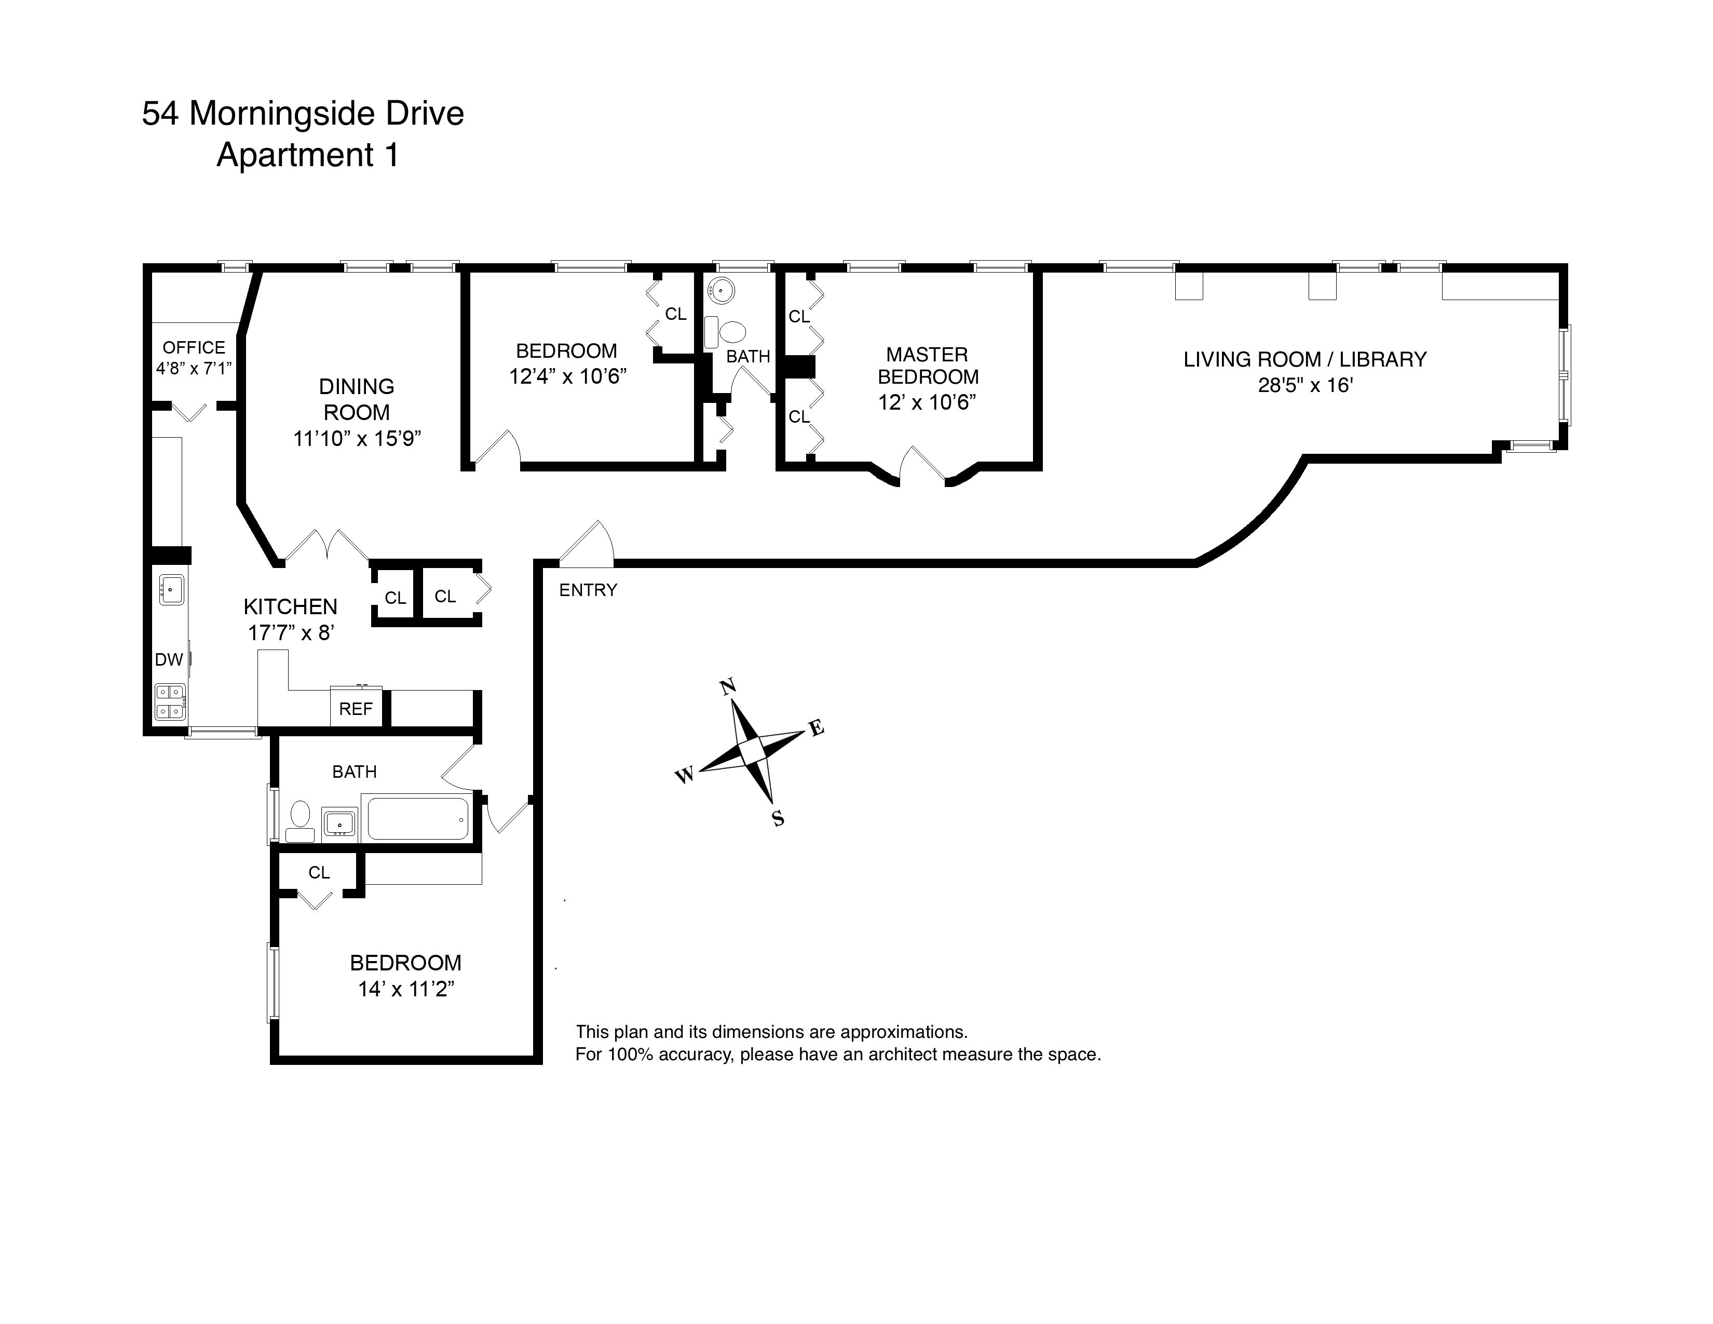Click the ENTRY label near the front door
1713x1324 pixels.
click(x=588, y=590)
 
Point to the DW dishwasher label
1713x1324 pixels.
click(x=169, y=659)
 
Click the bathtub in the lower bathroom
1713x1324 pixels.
click(x=418, y=818)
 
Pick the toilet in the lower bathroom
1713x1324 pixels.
click(x=300, y=820)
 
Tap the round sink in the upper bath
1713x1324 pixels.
click(x=720, y=291)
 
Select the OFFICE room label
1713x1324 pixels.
click(x=194, y=347)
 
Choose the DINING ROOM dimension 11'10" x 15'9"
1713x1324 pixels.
click(x=357, y=438)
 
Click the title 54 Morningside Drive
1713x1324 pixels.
click(x=303, y=114)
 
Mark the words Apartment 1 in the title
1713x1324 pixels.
click(x=307, y=155)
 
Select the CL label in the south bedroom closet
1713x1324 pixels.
click(x=318, y=873)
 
